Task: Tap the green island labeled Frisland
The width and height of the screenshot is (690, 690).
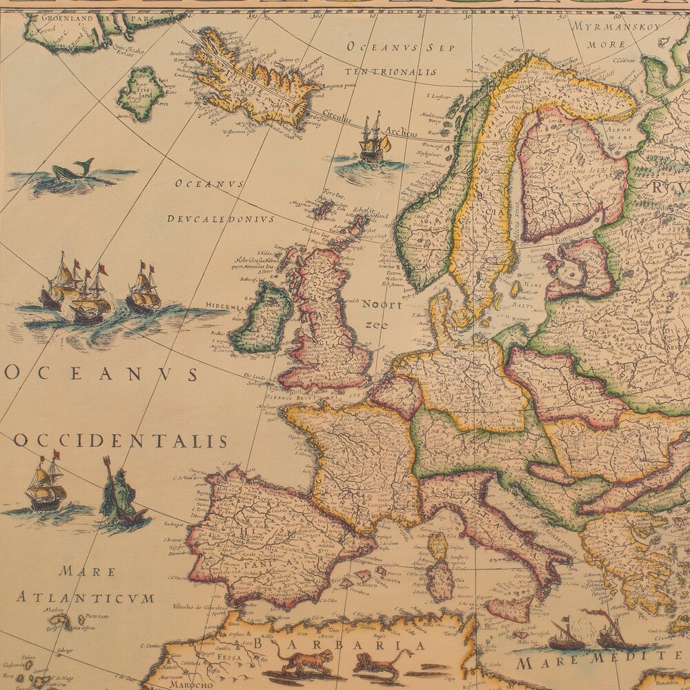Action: (x=140, y=94)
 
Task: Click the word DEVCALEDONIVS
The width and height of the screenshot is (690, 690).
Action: (x=220, y=219)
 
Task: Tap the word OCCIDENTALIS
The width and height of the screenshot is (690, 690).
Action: (x=120, y=442)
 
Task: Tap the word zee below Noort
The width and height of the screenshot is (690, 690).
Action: (x=376, y=324)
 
